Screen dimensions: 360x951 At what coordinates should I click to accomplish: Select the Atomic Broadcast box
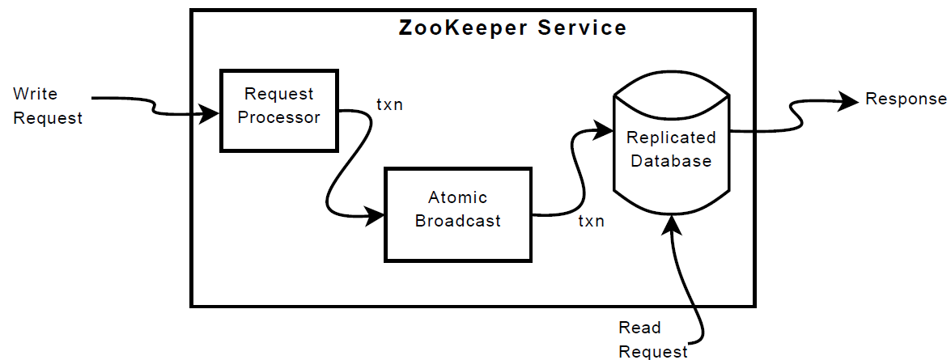tap(458, 214)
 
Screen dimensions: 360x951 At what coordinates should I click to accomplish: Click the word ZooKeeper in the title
tap(454, 28)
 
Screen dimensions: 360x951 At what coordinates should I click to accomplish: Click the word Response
tap(906, 100)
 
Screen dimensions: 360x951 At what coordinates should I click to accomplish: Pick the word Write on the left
tap(35, 94)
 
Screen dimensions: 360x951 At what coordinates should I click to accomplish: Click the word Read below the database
tap(639, 328)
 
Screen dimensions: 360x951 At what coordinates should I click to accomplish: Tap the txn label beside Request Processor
tap(389, 105)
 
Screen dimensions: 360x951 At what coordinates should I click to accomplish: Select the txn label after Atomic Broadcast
tap(590, 221)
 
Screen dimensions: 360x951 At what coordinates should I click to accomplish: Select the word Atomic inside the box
tap(457, 197)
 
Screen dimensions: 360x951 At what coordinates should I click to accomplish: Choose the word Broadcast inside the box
tap(458, 221)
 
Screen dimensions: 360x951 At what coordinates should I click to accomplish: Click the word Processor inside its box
tap(278, 117)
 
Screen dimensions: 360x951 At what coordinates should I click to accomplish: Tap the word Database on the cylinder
tap(671, 161)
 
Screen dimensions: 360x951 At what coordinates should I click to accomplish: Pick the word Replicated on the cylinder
tap(671, 138)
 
